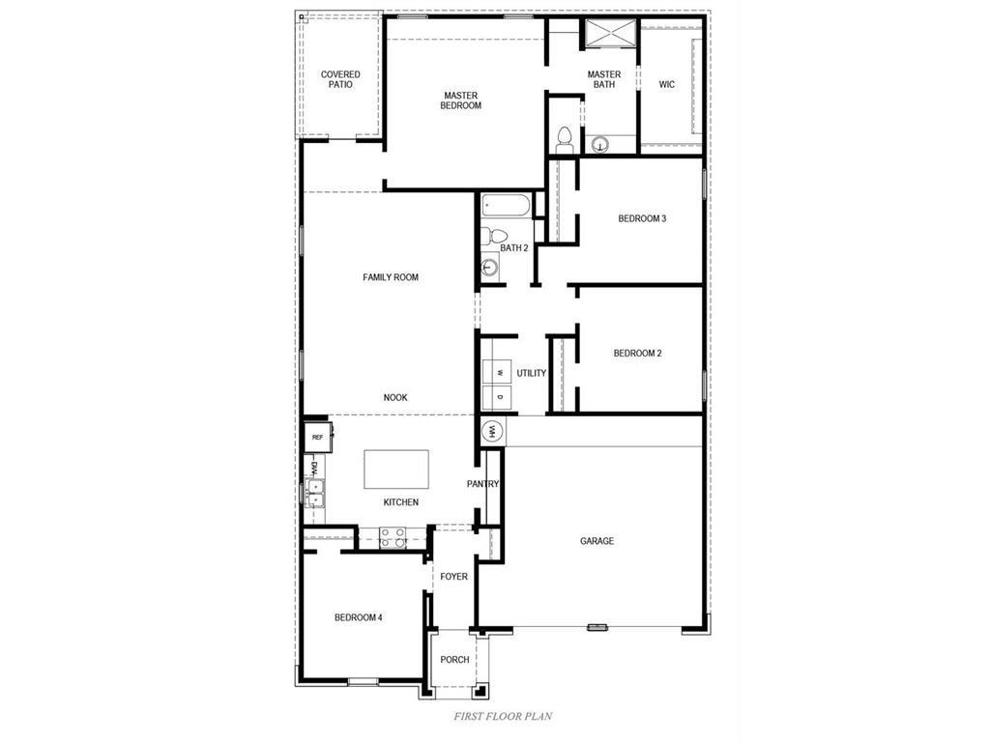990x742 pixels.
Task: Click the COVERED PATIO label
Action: (x=340, y=79)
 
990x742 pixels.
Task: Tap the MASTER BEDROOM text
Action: (x=461, y=100)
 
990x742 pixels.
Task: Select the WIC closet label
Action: (x=667, y=84)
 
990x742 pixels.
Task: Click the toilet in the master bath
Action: (x=564, y=137)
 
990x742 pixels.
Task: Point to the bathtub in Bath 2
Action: (x=505, y=205)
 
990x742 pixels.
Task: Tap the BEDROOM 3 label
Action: (x=642, y=218)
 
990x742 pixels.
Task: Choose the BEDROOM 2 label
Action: (x=637, y=354)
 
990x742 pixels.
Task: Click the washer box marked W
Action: (x=499, y=372)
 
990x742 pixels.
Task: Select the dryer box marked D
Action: (x=499, y=397)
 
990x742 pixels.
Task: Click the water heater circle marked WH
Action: (x=491, y=431)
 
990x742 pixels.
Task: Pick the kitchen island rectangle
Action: (x=396, y=470)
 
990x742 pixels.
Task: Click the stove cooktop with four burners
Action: (x=392, y=538)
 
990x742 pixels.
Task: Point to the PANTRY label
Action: (x=482, y=484)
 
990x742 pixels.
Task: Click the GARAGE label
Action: (x=597, y=541)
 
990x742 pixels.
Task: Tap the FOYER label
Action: (x=453, y=577)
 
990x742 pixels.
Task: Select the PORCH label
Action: (x=454, y=660)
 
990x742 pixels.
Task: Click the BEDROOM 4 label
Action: (x=359, y=617)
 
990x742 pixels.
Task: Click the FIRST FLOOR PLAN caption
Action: (x=503, y=717)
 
